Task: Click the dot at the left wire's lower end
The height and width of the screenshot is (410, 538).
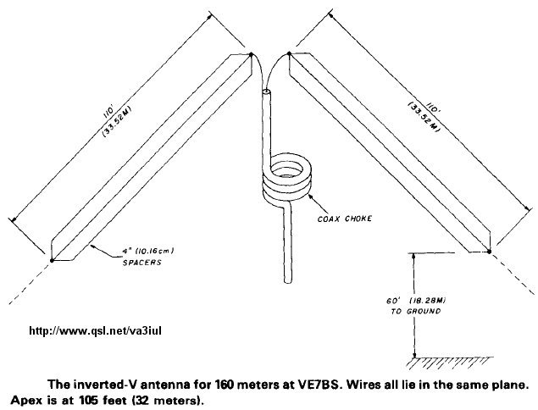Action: click(x=51, y=259)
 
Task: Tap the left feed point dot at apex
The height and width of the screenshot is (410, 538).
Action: click(x=251, y=56)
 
